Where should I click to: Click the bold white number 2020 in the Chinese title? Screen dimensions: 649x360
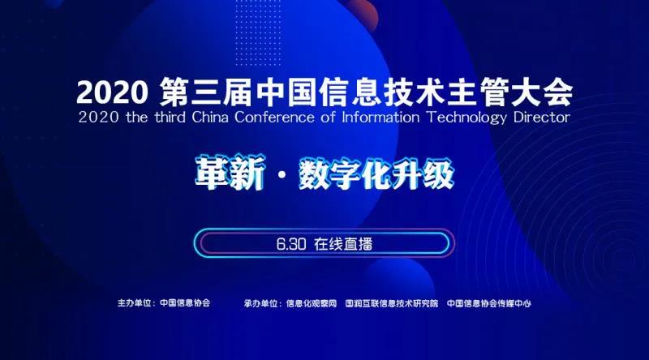112,92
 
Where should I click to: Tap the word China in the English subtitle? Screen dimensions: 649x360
210,117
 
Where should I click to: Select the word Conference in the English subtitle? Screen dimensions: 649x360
274,117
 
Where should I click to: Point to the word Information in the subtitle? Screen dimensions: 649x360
380,117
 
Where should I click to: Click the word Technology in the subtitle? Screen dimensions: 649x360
466,118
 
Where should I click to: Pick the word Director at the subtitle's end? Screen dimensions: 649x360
542,117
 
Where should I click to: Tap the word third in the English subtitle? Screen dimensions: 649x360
170,117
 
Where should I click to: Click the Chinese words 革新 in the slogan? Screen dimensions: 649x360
230,173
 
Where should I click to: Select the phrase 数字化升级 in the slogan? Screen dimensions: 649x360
376,174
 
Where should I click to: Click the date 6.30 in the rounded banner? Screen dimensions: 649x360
291,244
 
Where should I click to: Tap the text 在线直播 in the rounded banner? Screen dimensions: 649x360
343,244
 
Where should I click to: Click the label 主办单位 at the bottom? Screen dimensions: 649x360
134,303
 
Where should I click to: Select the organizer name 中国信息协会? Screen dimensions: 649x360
185,303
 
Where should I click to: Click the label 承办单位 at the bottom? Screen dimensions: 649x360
260,303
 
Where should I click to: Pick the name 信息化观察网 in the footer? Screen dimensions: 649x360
312,303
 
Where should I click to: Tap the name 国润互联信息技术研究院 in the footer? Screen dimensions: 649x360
392,303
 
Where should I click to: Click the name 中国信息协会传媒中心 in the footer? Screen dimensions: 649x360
489,303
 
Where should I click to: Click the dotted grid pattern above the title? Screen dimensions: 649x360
258,32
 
